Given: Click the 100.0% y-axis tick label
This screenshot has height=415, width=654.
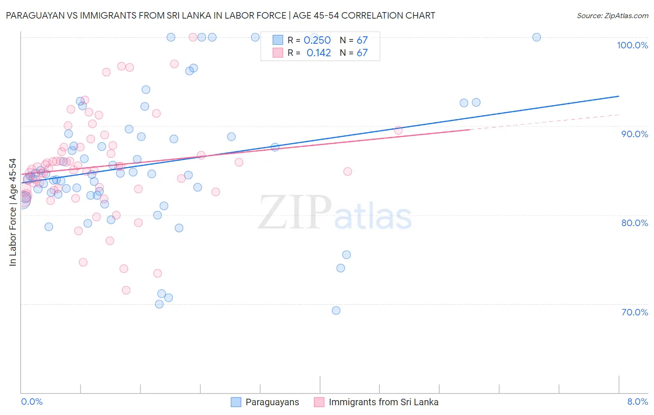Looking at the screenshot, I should click(x=632, y=45).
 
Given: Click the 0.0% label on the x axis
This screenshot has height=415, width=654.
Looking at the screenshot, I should click(x=32, y=402).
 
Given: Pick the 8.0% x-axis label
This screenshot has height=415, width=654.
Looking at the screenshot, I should click(x=637, y=402).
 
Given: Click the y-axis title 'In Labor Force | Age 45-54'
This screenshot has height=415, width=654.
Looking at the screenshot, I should click(x=13, y=212).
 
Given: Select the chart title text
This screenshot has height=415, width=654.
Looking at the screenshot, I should click(x=220, y=15).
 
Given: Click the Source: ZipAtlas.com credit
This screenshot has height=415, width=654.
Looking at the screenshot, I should click(x=612, y=15).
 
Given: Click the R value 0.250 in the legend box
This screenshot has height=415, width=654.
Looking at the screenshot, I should click(x=317, y=40).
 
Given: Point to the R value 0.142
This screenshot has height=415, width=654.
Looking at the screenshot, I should click(x=319, y=53).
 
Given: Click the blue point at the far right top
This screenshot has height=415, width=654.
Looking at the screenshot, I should click(x=536, y=37).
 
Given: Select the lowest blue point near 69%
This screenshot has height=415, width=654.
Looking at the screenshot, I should click(x=336, y=310).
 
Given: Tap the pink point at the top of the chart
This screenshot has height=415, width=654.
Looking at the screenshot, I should click(x=193, y=37).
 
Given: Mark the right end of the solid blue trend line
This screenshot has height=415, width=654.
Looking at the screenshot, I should click(x=619, y=96).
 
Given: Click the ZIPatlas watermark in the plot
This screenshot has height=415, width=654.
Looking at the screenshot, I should click(x=335, y=213).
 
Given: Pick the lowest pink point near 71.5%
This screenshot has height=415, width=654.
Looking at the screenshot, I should click(x=126, y=290).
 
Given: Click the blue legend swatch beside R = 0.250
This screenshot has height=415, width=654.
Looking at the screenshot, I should click(x=278, y=40).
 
